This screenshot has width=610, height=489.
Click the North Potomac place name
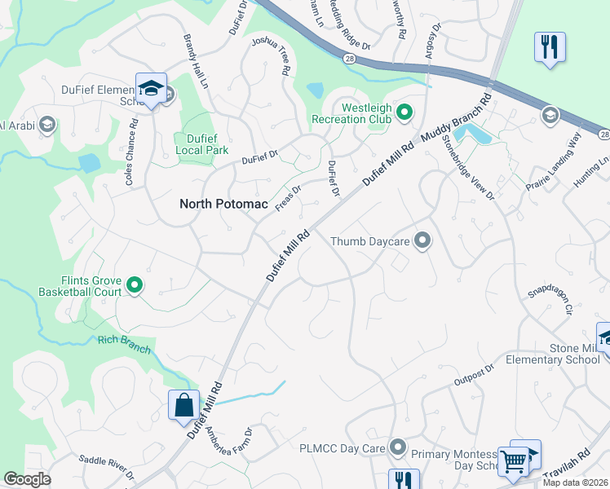coord(223,205)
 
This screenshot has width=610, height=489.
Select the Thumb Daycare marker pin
coord(422,240)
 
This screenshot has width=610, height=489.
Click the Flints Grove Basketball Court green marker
coord(135,285)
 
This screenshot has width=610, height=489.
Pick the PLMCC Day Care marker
coord(397,447)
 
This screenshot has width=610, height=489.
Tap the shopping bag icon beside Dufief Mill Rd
coord(183,406)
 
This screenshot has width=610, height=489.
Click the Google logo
coord(28,479)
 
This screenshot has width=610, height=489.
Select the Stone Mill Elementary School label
coord(563,354)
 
